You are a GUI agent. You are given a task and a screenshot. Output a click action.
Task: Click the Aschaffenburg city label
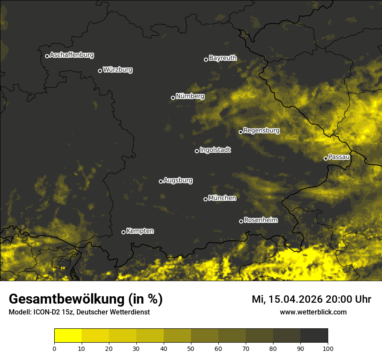72,55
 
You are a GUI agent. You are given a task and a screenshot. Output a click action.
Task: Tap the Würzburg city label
118,70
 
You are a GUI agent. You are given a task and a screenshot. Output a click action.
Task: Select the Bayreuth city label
223,58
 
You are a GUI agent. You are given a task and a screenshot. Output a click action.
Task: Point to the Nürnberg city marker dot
173,98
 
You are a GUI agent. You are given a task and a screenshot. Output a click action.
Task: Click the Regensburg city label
261,131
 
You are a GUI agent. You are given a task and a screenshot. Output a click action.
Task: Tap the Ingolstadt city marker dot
197,151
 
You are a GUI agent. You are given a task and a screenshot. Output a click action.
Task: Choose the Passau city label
339,157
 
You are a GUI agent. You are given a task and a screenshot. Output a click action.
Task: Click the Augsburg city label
178,180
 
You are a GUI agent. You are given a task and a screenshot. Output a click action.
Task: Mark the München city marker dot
205,199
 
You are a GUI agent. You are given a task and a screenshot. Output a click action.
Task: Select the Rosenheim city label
260,220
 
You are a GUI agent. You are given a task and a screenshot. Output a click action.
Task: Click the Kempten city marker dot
123,232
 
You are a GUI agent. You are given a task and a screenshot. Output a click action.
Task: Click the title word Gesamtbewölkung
66,299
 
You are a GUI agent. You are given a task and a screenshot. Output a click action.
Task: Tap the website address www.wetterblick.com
313,312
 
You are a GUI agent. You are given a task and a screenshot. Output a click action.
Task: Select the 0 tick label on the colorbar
54,348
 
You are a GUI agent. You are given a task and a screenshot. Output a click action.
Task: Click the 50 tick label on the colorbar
191,348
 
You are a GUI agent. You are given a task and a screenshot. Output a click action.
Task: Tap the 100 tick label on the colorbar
328,348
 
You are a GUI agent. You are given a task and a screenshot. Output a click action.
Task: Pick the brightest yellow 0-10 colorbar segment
68,336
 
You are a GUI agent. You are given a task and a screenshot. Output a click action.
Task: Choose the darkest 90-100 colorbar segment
314,336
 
